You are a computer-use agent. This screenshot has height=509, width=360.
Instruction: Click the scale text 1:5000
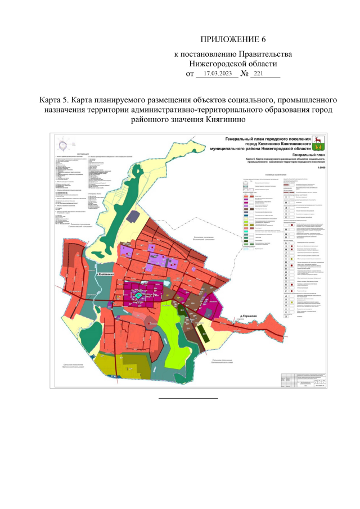(321, 167)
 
